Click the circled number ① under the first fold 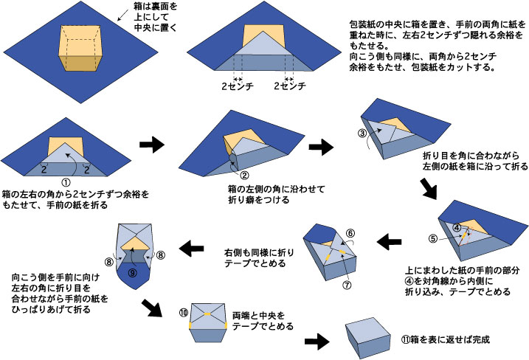click(65, 181)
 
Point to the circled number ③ click(362, 133)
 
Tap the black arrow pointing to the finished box click(318, 342)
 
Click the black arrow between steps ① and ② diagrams click(153, 145)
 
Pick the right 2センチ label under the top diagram click(290, 86)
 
